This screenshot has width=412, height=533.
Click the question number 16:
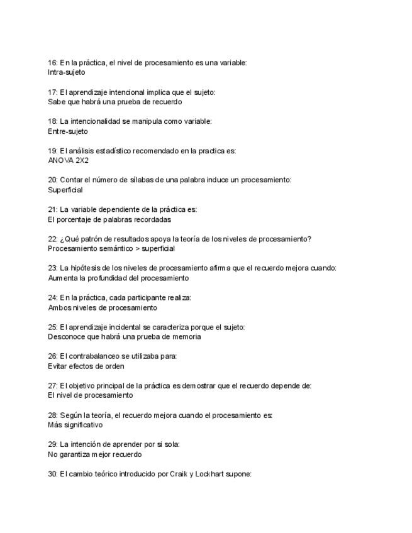pyautogui.click(x=53, y=63)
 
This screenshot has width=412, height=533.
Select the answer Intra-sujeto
pyautogui.click(x=66, y=72)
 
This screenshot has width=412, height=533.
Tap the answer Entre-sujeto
pyautogui.click(x=68, y=131)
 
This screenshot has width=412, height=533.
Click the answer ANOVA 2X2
pyautogui.click(x=69, y=160)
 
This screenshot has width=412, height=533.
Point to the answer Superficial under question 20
pyautogui.click(x=65, y=190)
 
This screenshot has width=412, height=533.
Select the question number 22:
pyautogui.click(x=53, y=239)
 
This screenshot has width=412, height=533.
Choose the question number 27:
pyautogui.click(x=53, y=386)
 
